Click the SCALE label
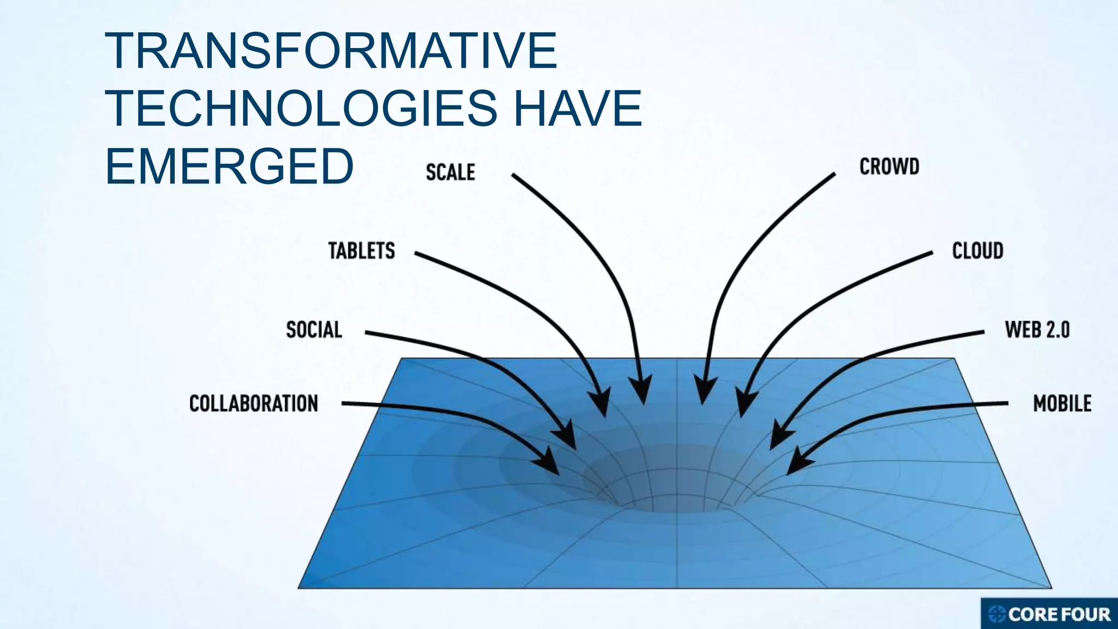(x=450, y=173)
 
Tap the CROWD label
(x=889, y=167)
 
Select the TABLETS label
(x=361, y=251)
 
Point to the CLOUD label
(x=978, y=251)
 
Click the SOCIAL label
(x=314, y=330)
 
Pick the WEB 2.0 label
(x=1037, y=330)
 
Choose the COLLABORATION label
(x=253, y=404)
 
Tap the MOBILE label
(x=1062, y=404)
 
